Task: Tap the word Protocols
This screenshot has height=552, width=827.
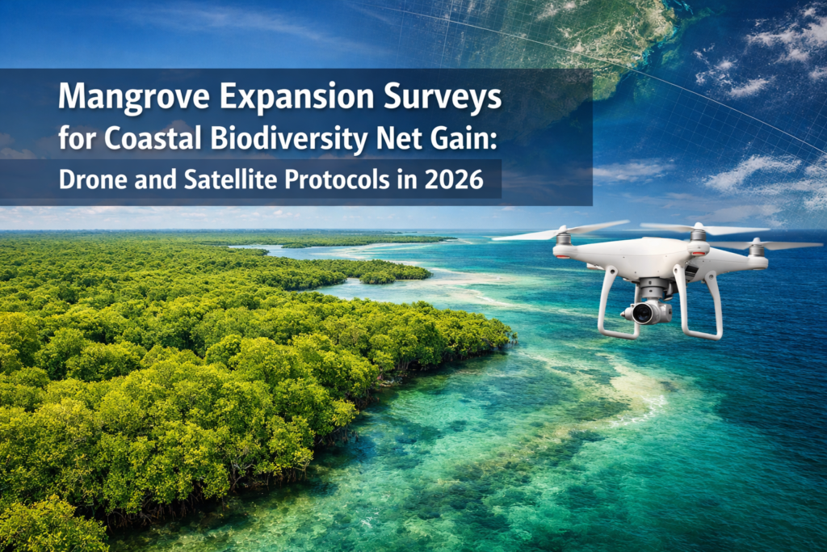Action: coord(351,180)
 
